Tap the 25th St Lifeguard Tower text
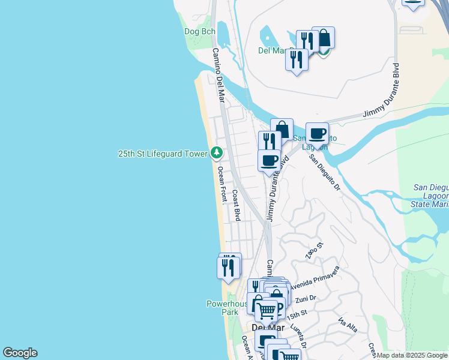coord(162,154)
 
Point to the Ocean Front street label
coord(223,184)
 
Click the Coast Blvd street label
coord(237,206)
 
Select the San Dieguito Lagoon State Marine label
coord(430,196)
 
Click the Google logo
coord(20,353)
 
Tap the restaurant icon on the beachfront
coord(228,267)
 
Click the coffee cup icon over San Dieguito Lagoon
coord(317,133)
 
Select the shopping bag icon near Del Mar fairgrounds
coord(324,38)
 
